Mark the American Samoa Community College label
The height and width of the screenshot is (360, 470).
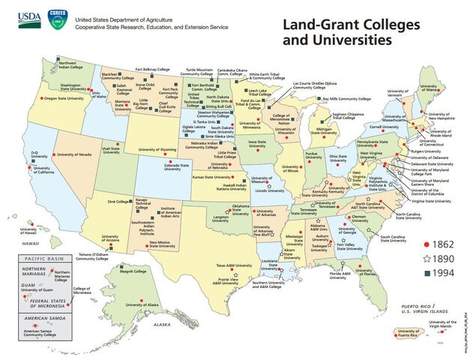click(x=52, y=332)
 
